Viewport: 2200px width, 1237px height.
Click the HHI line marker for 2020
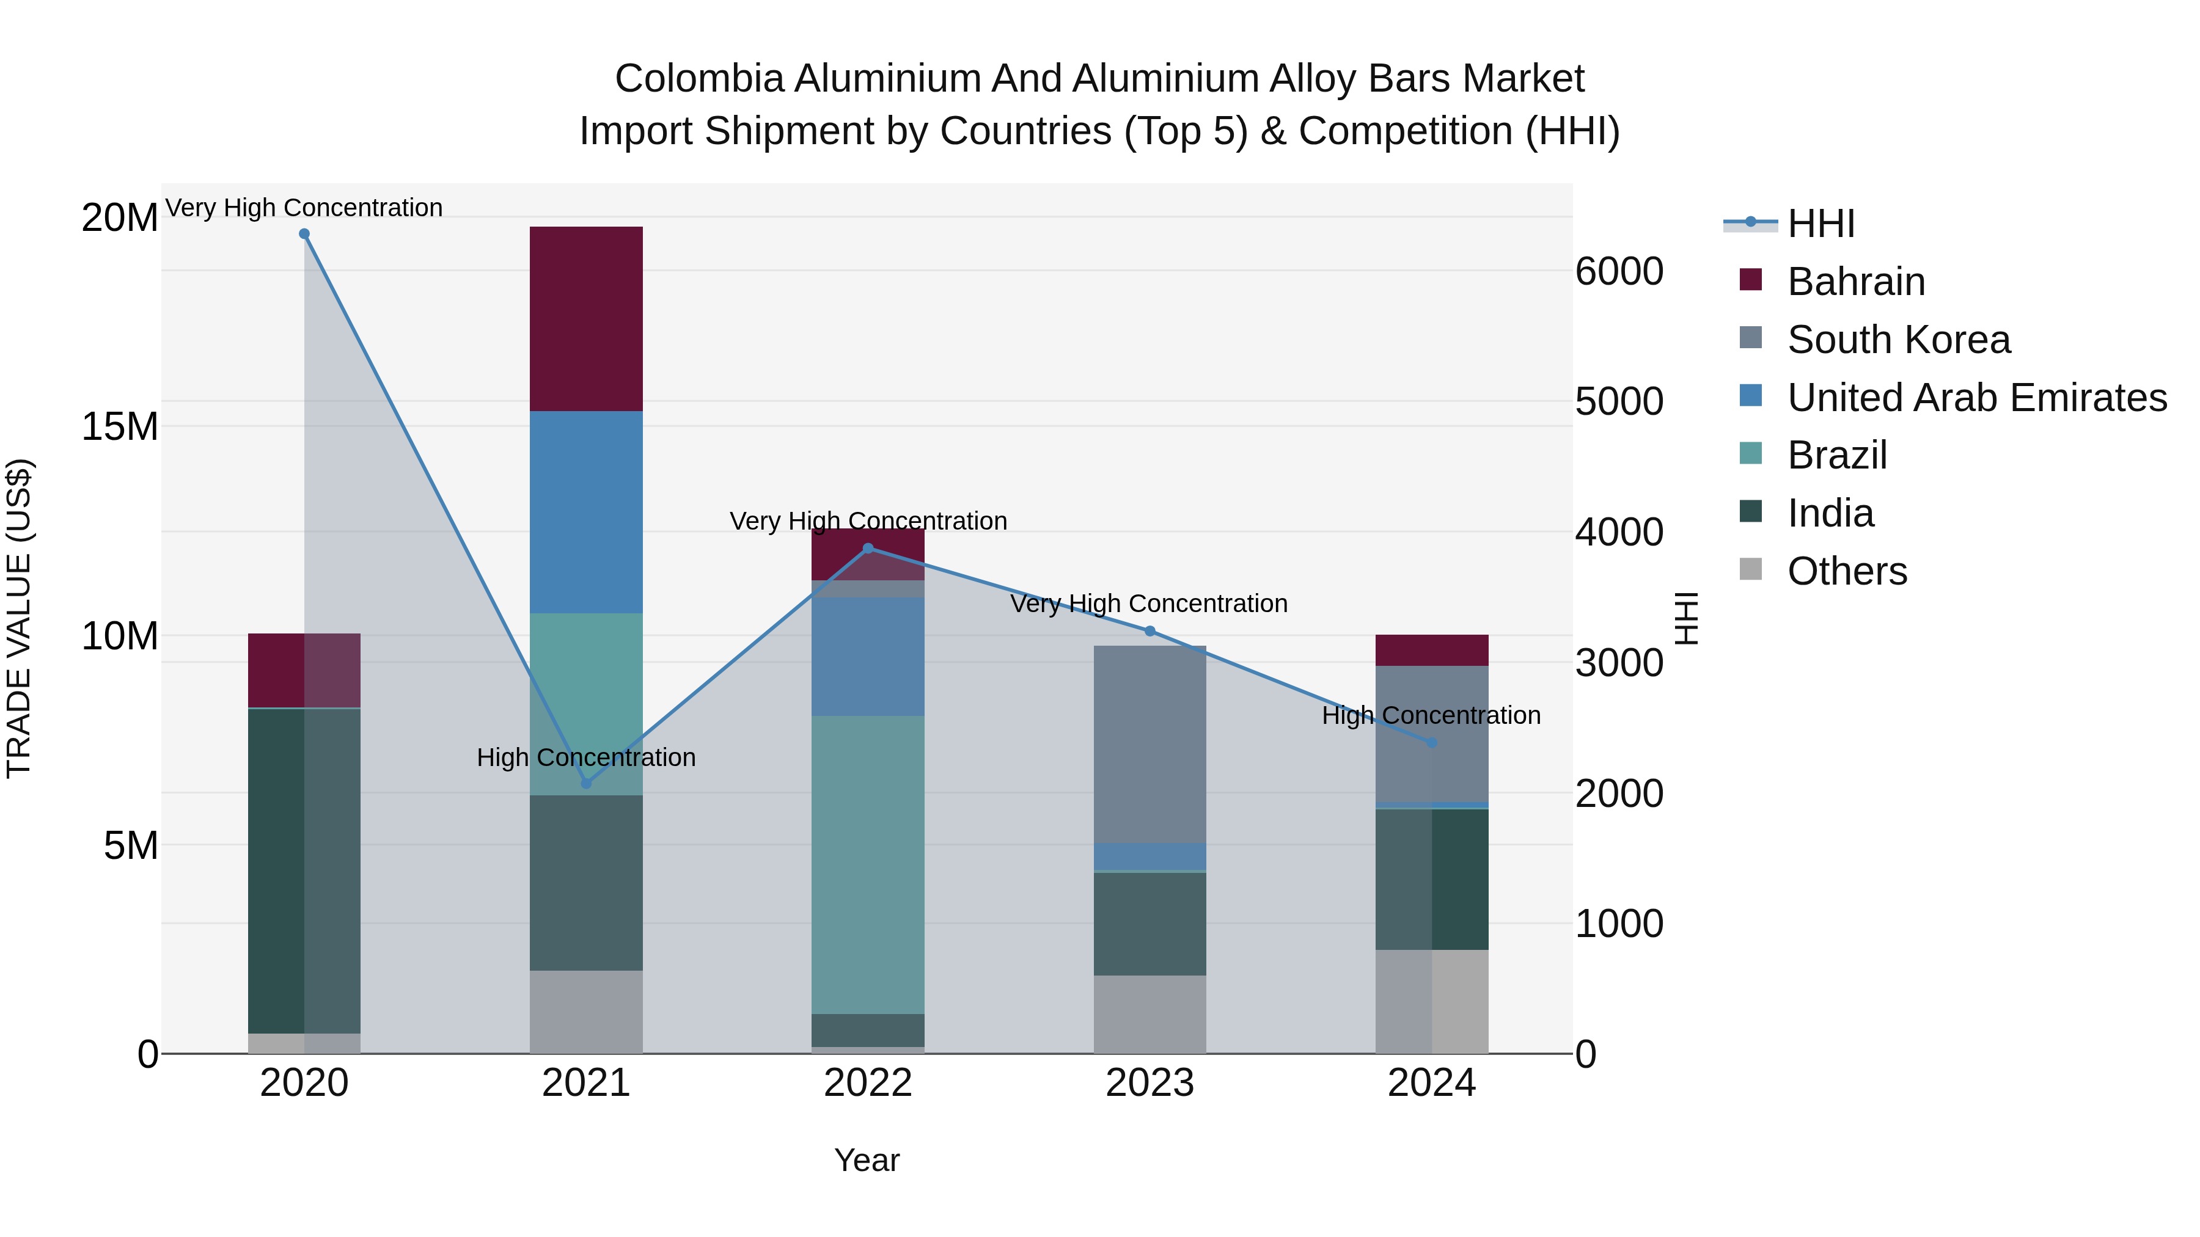pyautogui.click(x=304, y=234)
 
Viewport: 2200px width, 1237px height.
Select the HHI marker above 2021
pyautogui.click(x=586, y=784)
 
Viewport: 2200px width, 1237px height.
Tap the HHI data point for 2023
pyautogui.click(x=1149, y=632)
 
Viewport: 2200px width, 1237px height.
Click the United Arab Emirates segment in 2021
pyautogui.click(x=586, y=513)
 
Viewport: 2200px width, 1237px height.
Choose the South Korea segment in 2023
pyautogui.click(x=1149, y=745)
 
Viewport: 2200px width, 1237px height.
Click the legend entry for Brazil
pyautogui.click(x=1836, y=456)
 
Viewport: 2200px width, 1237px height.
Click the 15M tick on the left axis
pyautogui.click(x=120, y=426)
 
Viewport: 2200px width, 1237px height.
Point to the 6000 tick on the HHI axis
pyautogui.click(x=1618, y=271)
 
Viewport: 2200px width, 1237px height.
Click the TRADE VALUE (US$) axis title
pyautogui.click(x=19, y=618)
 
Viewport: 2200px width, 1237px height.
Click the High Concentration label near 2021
pyautogui.click(x=586, y=758)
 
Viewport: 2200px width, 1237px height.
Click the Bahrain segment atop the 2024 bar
pyautogui.click(x=1431, y=651)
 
